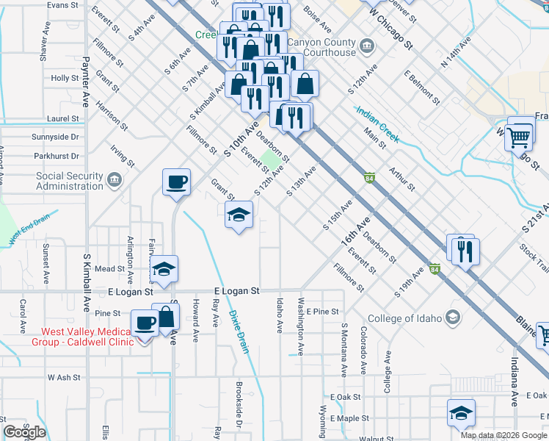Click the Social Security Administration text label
point(70,181)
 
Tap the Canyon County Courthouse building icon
point(368,48)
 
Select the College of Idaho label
point(406,318)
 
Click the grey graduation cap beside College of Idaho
point(454,318)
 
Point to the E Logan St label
point(236,291)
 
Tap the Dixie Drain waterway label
point(240,331)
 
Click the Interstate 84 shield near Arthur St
point(369,178)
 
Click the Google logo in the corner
point(24,432)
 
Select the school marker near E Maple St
point(460,413)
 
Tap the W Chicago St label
point(392,30)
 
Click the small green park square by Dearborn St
point(272,159)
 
